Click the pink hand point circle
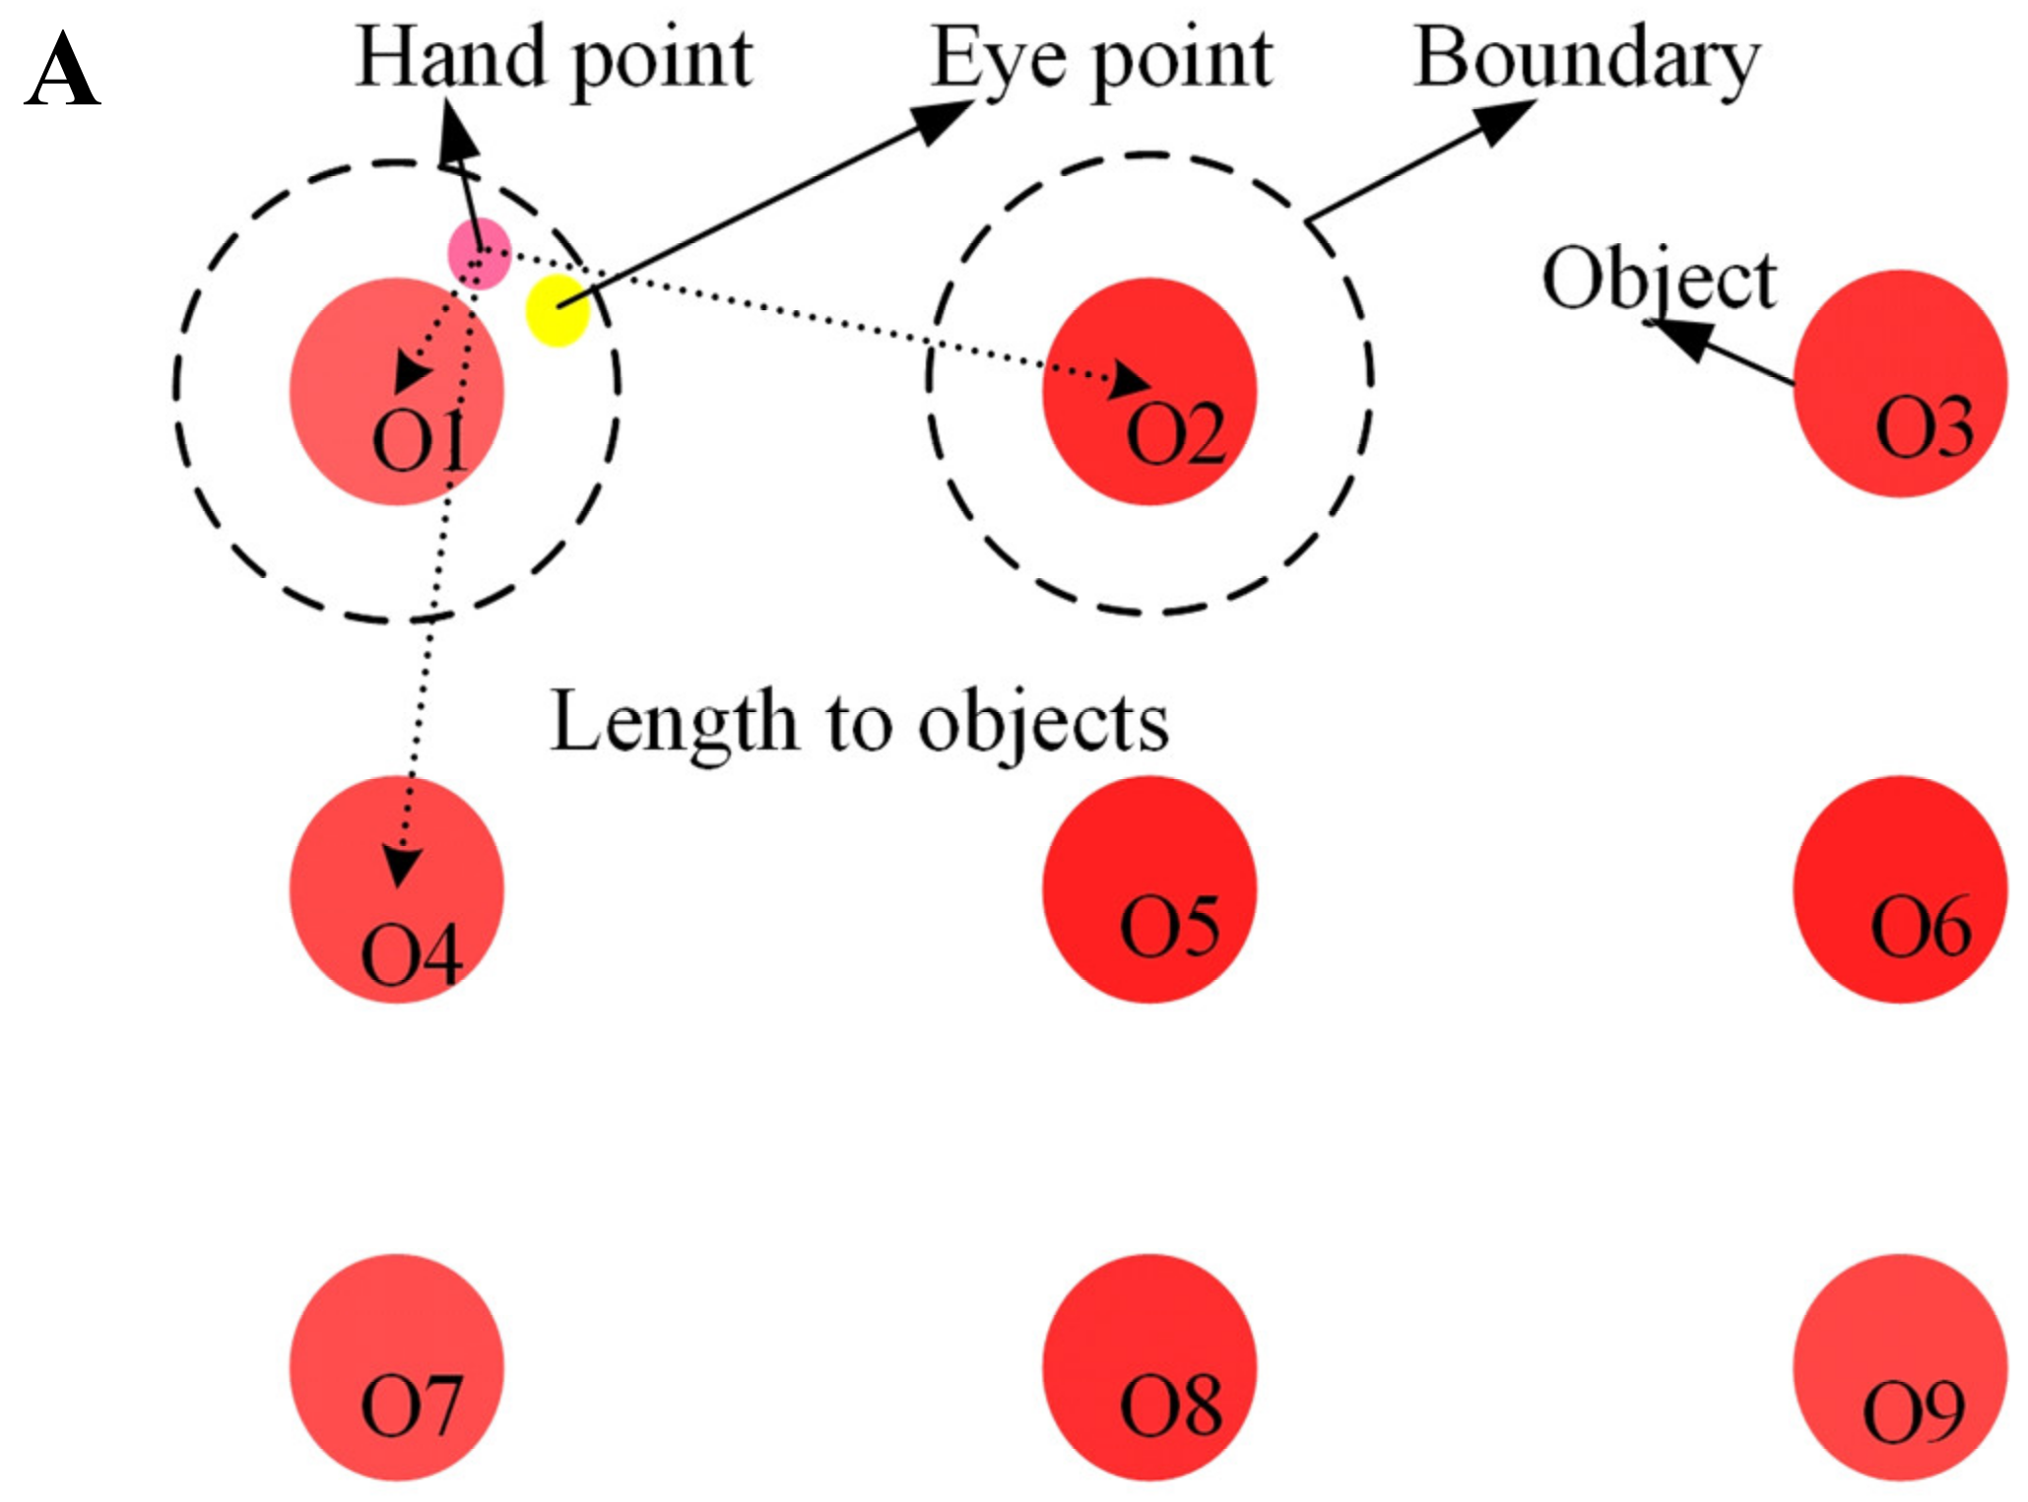(x=480, y=253)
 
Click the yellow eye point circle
(x=557, y=310)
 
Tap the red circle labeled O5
(x=1149, y=888)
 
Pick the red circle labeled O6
(x=1899, y=888)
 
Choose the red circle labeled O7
(x=396, y=1366)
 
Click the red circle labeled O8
(x=1149, y=1366)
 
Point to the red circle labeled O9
(x=1899, y=1366)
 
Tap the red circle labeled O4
(x=396, y=888)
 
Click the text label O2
(x=1175, y=434)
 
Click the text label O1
(x=420, y=440)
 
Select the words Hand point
(x=555, y=59)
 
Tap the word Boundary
(x=1586, y=59)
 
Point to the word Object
(x=1659, y=280)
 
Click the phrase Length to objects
(x=859, y=722)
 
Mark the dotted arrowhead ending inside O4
(x=401, y=866)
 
